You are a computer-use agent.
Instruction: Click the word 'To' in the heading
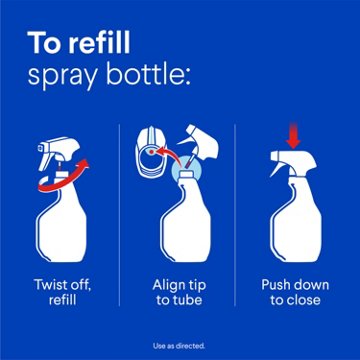point(45,44)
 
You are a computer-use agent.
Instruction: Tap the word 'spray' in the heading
point(65,77)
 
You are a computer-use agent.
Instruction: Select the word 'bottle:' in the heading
point(157,77)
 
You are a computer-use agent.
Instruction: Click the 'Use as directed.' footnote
point(180,344)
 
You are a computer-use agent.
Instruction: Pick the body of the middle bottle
point(180,235)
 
